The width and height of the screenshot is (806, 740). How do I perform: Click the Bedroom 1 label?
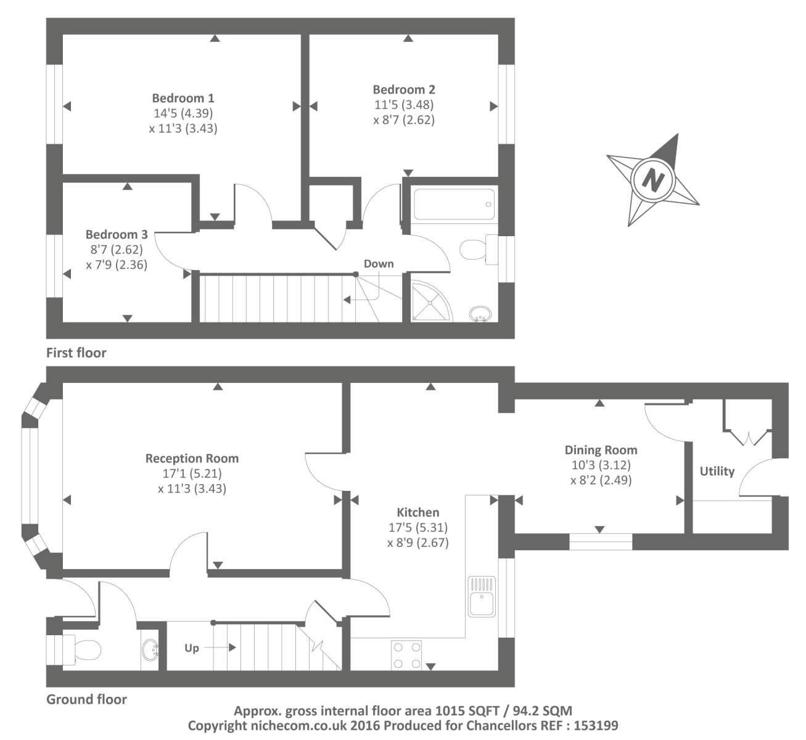point(183,98)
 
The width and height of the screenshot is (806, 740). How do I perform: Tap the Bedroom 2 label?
point(404,89)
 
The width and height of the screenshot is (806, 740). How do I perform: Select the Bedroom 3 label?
point(117,234)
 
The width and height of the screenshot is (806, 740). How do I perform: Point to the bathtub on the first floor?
point(454,204)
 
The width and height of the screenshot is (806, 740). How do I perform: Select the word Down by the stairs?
point(379,263)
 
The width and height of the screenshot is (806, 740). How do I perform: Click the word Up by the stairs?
point(192,648)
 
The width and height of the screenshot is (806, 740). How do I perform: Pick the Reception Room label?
point(192,458)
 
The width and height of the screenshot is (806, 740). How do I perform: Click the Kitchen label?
point(418,512)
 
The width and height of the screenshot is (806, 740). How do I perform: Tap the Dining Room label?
point(601,450)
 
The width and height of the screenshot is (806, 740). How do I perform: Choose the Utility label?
point(717,471)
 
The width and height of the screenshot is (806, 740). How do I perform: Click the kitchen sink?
point(482,597)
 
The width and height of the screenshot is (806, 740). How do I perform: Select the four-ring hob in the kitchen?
point(407,655)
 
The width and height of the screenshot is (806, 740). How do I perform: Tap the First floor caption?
point(76,353)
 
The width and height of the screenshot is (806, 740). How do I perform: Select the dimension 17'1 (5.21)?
point(192,474)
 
